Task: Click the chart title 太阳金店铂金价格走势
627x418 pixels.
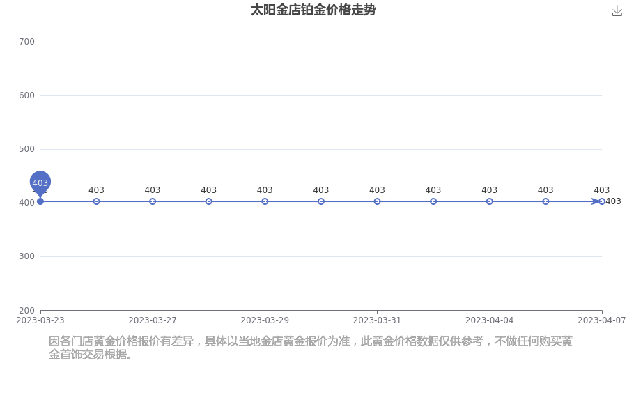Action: pos(313,10)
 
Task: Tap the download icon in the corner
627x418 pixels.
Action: pos(617,11)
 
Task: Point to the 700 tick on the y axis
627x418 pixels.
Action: pos(26,42)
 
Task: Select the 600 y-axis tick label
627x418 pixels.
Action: pos(26,95)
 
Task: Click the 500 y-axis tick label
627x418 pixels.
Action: pos(26,149)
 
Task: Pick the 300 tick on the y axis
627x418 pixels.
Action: pos(26,256)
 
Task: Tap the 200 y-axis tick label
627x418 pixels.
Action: pos(26,311)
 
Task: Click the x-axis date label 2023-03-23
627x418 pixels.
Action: pos(40,320)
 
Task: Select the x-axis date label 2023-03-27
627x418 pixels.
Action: pos(153,320)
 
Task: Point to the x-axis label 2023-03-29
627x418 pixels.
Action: pos(265,320)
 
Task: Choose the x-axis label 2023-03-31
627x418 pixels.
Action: pos(377,320)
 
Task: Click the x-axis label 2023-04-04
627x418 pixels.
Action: pos(490,320)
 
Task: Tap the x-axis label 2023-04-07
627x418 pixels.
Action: pos(602,320)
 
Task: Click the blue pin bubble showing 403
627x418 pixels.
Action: pos(40,182)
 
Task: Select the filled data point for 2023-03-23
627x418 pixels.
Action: pos(40,201)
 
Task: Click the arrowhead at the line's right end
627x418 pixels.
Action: pos(596,201)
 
